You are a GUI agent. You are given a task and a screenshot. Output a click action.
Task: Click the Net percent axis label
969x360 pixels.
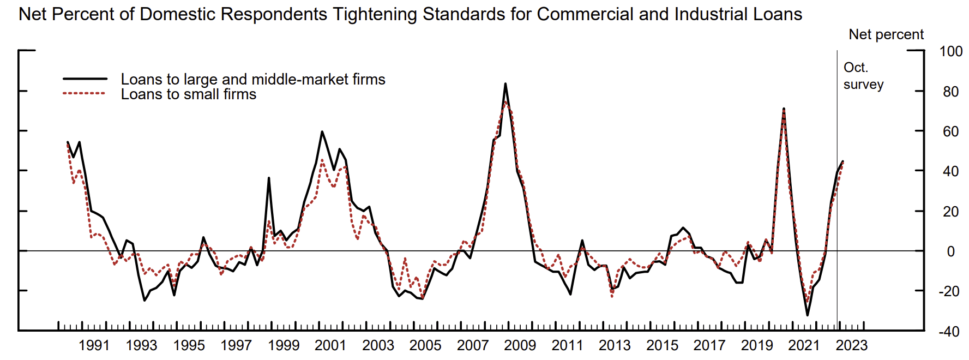[x=886, y=34]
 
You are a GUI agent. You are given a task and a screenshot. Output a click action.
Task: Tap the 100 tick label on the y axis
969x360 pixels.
[x=950, y=51]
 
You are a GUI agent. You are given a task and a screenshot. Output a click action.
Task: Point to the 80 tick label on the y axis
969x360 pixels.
[x=950, y=92]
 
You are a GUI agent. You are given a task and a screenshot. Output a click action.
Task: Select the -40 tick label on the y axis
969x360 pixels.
[x=949, y=331]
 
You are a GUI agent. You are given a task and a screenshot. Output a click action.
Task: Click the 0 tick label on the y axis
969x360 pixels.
[x=950, y=251]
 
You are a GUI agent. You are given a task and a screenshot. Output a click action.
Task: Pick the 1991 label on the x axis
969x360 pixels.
[x=94, y=345]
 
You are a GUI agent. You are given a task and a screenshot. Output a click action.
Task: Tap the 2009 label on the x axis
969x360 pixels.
[x=520, y=345]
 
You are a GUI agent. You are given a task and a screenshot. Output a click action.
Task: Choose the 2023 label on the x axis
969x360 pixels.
[x=851, y=345]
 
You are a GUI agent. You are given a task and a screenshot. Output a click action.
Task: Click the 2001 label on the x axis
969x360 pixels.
[x=330, y=345]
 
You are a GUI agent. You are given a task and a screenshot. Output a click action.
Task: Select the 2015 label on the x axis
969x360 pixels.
[x=662, y=345]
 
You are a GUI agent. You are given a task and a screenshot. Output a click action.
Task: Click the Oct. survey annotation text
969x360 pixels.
[x=863, y=76]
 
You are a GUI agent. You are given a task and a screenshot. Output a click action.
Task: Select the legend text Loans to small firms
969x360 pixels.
[x=188, y=94]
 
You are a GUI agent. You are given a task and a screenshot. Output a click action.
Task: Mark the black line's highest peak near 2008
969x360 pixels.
[x=505, y=83]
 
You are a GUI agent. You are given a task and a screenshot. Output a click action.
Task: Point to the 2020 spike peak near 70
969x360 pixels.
[x=784, y=109]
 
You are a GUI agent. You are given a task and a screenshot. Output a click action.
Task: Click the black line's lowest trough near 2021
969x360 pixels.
[x=807, y=315]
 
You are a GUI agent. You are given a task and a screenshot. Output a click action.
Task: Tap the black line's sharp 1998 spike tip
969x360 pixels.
[x=269, y=178]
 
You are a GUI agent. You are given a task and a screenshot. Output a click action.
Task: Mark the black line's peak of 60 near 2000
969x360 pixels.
[x=322, y=131]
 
